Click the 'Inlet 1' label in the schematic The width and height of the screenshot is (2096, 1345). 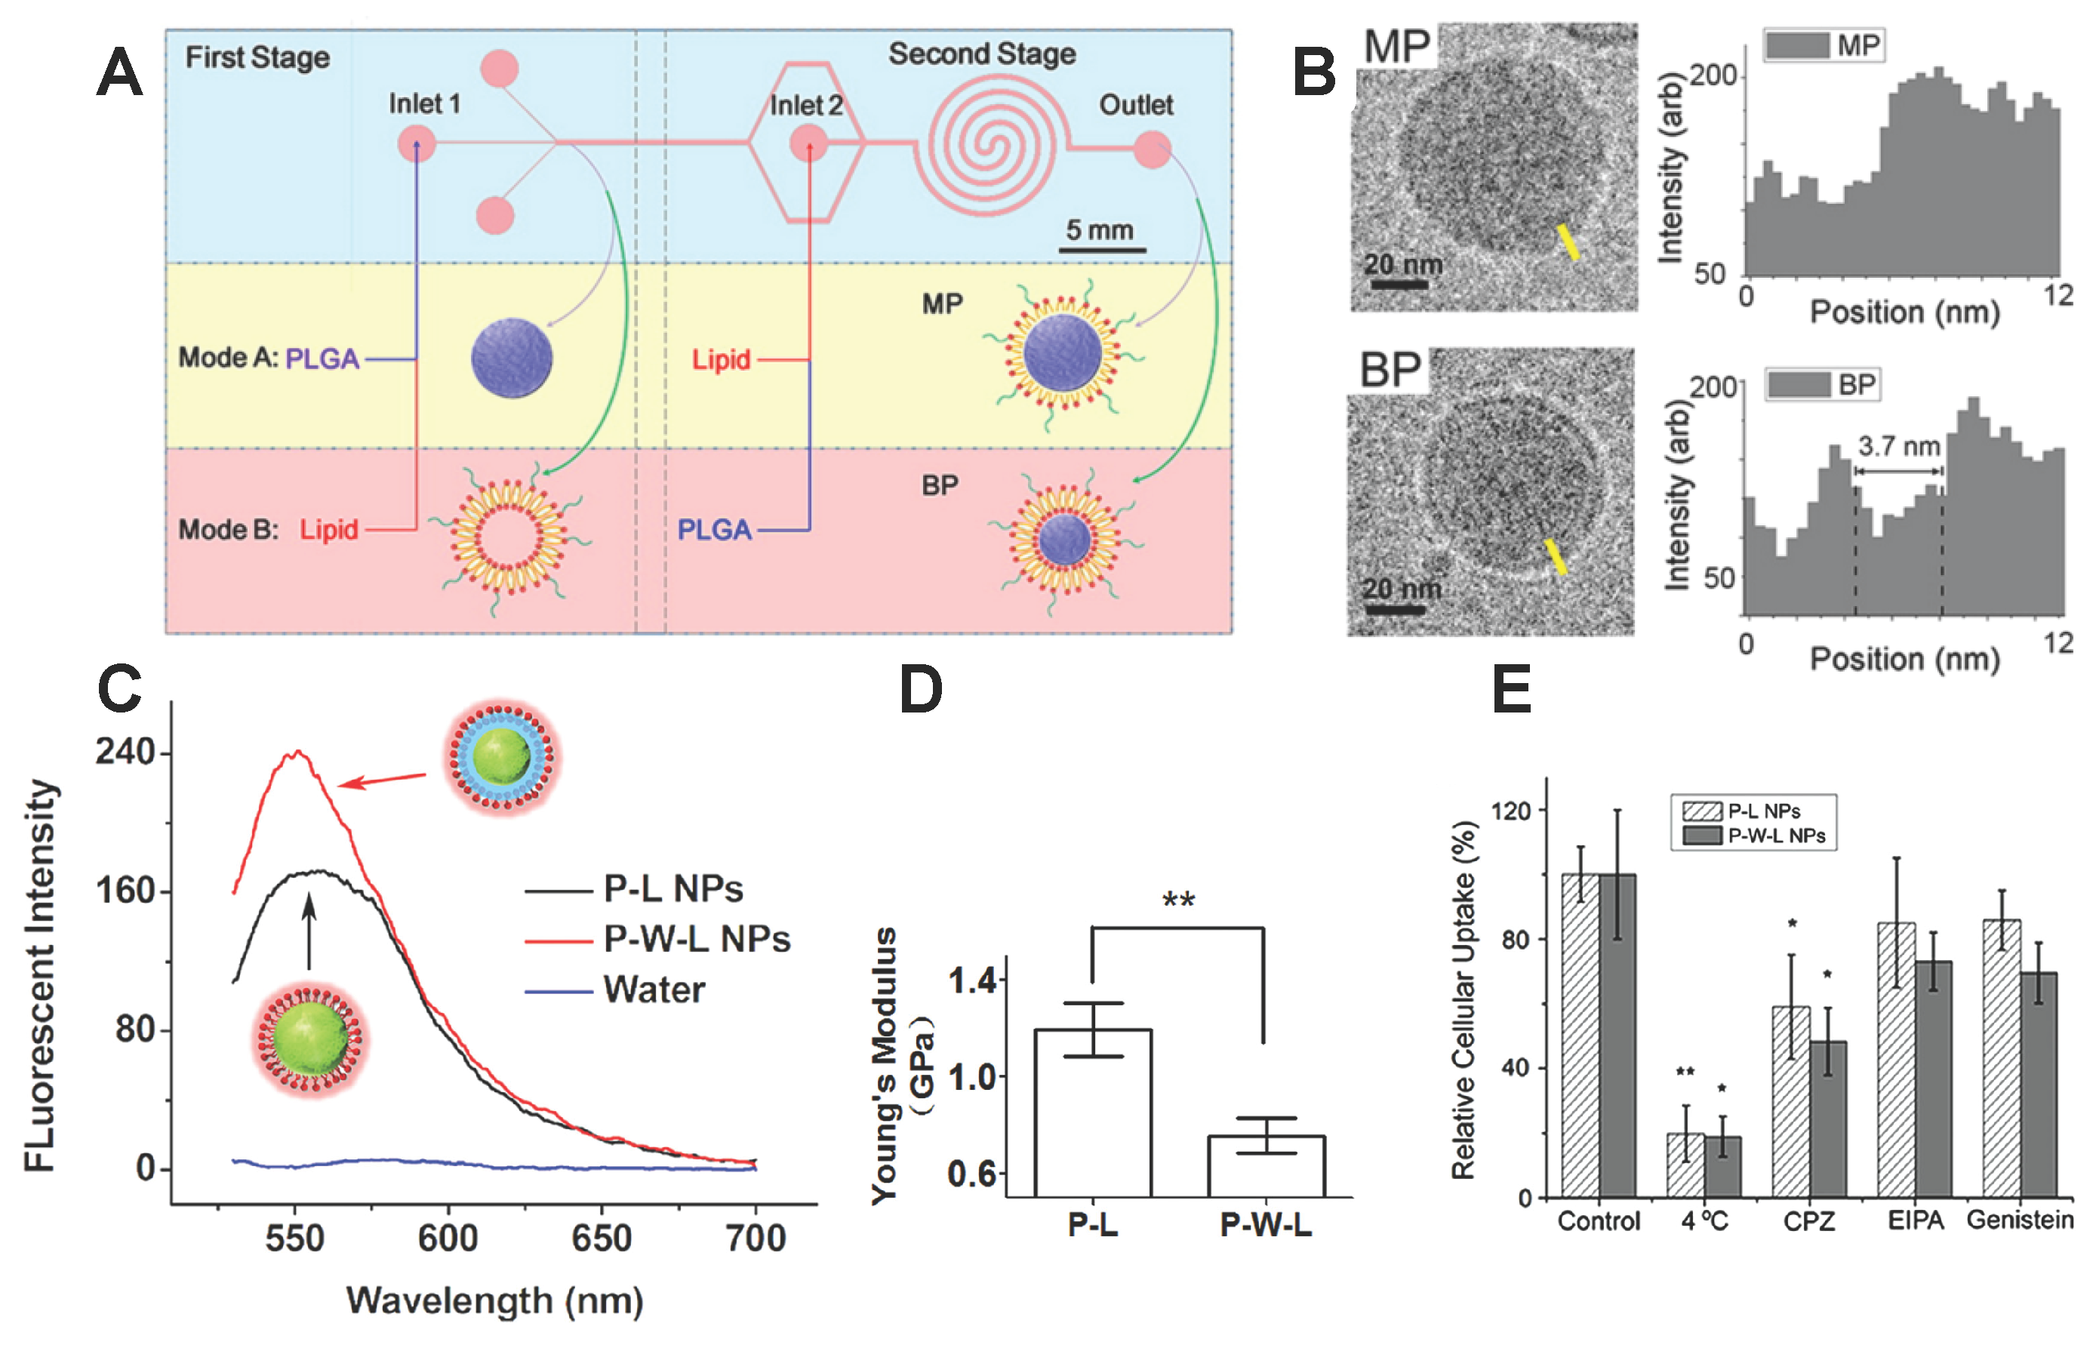pos(423,104)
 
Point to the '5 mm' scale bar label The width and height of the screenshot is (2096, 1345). pos(1100,230)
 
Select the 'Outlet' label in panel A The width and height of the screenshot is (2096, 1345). pos(1135,106)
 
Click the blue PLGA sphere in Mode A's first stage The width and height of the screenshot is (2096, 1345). pos(511,358)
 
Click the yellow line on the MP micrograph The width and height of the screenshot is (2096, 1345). pos(1568,242)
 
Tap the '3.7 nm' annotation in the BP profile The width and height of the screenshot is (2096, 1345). pos(1898,447)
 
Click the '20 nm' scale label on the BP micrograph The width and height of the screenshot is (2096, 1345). pos(1402,589)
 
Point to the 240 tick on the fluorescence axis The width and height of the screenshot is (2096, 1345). pos(125,752)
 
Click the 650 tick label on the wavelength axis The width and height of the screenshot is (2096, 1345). pos(601,1239)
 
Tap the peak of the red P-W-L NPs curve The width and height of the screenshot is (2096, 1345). pos(298,752)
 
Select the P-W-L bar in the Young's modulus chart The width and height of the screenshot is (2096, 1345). pos(1266,1165)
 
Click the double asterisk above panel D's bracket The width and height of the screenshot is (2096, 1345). pos(1178,900)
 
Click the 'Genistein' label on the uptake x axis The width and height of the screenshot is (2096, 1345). pos(2019,1220)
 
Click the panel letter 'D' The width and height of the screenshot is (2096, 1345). pos(921,690)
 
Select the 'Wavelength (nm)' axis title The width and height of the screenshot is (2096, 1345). pos(494,1301)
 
